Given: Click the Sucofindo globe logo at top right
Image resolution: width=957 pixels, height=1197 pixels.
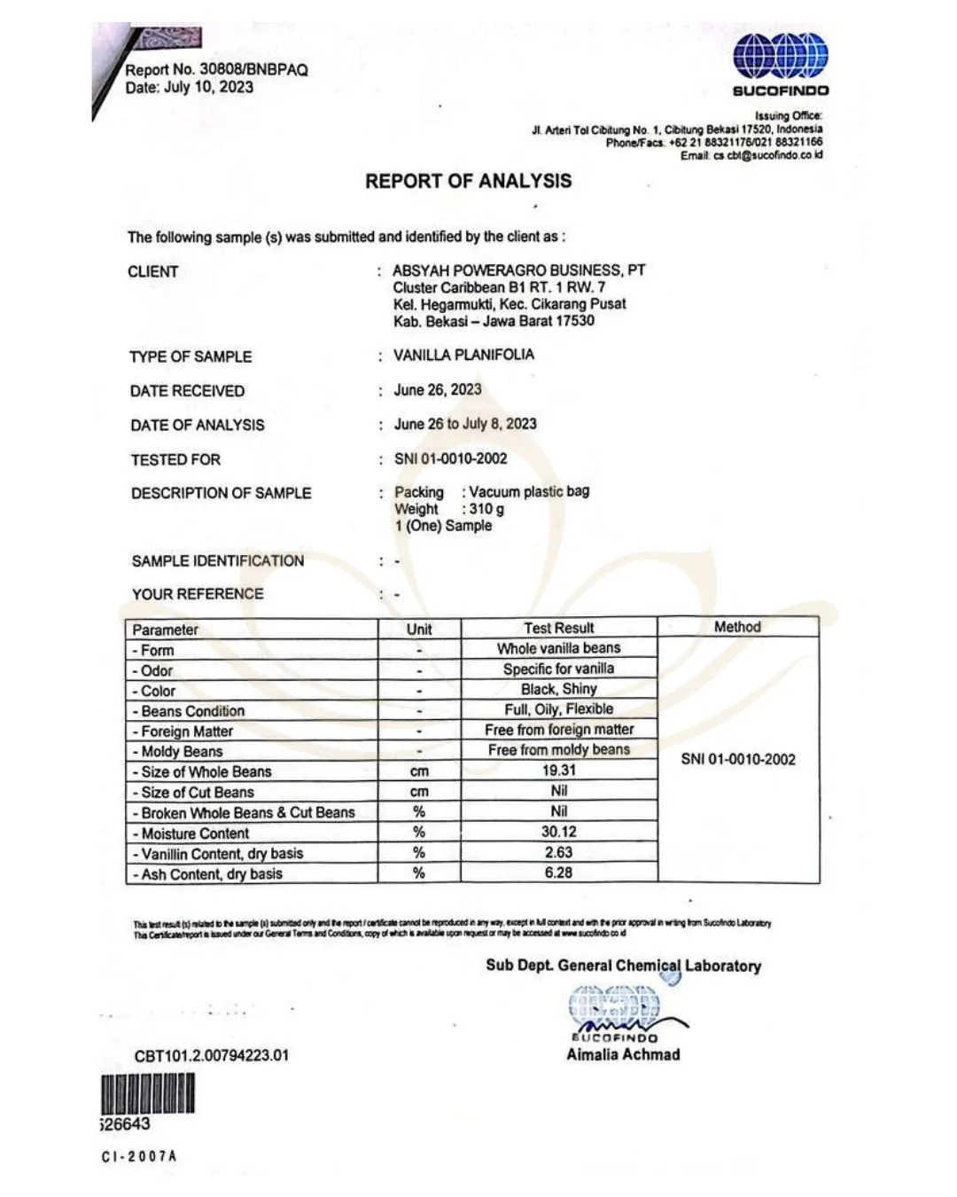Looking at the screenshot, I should click(x=781, y=55).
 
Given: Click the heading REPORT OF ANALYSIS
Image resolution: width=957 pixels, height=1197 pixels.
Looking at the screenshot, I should click(x=469, y=181).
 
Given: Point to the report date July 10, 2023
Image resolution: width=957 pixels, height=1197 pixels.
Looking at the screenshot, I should click(x=208, y=87).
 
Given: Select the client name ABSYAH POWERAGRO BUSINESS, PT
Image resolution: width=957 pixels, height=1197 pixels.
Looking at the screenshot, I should click(x=519, y=270).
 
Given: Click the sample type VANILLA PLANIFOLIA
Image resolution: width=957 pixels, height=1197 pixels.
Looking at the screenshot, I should click(x=463, y=355).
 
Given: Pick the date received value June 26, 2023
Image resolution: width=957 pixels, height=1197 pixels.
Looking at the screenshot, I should click(x=438, y=389).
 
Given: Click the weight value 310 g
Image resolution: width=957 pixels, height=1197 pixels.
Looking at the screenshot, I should click(x=486, y=509).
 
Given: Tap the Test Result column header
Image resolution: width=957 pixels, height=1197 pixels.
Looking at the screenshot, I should click(x=558, y=628).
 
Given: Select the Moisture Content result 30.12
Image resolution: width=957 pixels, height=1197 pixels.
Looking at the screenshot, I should click(x=558, y=832).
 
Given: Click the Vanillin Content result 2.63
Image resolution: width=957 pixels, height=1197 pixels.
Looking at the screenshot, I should click(x=558, y=852).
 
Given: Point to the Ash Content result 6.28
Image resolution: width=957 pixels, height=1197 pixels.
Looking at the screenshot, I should click(x=558, y=872).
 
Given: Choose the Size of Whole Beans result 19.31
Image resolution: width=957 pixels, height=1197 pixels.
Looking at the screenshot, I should click(x=558, y=771).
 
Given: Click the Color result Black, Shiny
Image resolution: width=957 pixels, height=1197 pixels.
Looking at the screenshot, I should click(x=558, y=689).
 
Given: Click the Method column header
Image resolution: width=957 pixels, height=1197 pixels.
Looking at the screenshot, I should click(x=737, y=627).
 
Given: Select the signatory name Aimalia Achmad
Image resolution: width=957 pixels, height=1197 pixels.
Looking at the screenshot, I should click(x=623, y=1054).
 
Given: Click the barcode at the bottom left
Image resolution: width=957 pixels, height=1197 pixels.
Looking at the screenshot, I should click(x=147, y=1093).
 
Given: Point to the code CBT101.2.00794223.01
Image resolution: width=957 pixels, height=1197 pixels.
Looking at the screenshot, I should click(x=212, y=1055).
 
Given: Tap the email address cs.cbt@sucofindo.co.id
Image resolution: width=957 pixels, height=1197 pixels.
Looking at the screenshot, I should click(x=768, y=155).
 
